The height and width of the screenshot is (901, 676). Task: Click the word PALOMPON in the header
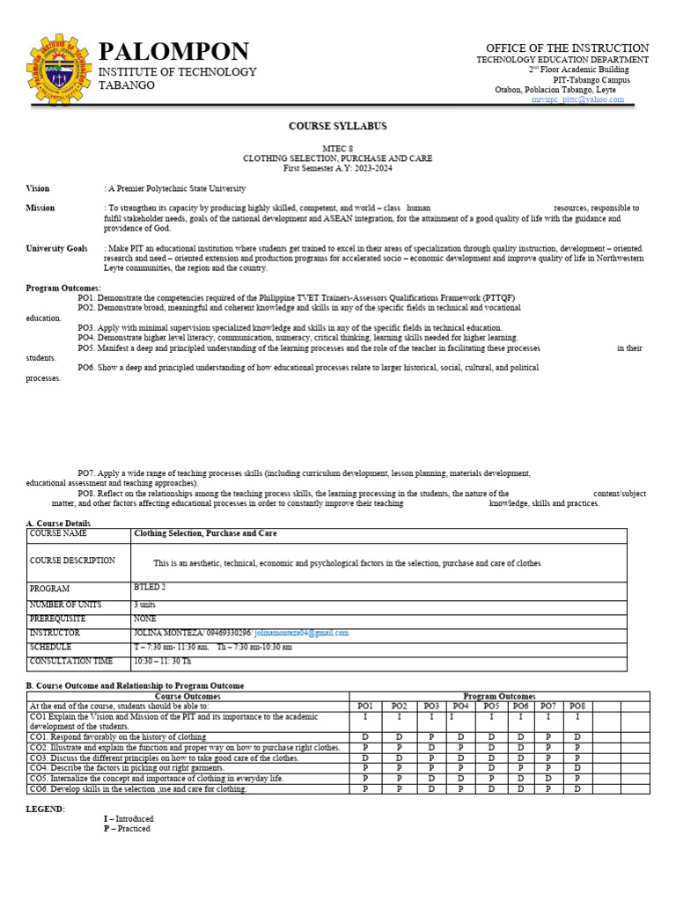click(173, 51)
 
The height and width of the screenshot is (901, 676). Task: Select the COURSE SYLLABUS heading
click(337, 126)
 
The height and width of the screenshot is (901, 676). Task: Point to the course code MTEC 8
click(337, 149)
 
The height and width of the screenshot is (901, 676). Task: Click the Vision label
click(38, 188)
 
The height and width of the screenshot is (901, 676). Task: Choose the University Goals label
click(56, 248)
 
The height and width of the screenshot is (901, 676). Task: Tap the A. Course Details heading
click(58, 524)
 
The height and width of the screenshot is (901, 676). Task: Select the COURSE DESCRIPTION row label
click(72, 560)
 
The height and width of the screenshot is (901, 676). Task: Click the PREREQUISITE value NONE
click(145, 619)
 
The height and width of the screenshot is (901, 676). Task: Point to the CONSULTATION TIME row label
click(71, 661)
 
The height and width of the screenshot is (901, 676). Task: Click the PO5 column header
click(491, 706)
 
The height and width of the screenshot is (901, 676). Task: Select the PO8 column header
click(577, 706)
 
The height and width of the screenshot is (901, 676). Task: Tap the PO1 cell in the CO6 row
click(364, 788)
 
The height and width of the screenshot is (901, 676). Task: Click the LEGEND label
click(45, 809)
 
